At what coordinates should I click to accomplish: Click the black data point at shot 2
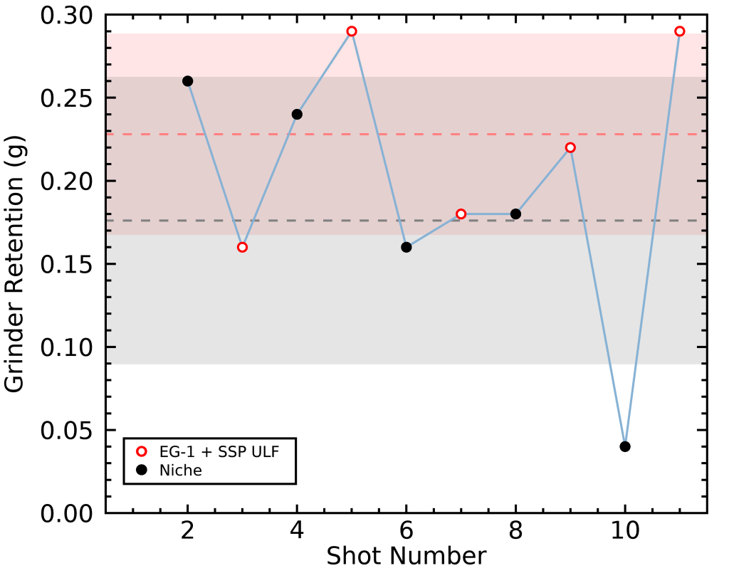point(188,81)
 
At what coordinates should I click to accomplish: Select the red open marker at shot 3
point(242,247)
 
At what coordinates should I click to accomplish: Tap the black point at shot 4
point(297,114)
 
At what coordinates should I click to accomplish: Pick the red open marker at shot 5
point(352,31)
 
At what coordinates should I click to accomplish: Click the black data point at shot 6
point(407,247)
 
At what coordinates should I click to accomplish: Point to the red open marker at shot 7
point(461,214)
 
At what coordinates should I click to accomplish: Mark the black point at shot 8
point(515,214)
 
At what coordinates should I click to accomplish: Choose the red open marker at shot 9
point(570,147)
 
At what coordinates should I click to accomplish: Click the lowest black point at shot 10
point(625,446)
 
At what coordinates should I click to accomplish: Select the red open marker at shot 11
point(680,31)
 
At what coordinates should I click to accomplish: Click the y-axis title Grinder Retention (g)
point(16,264)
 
